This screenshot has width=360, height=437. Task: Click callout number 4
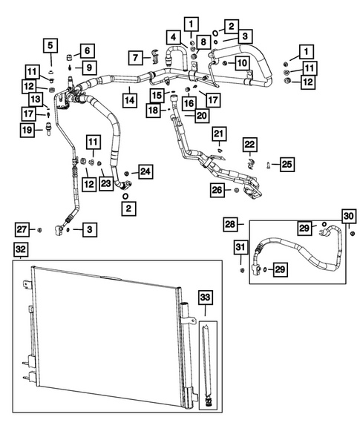tap(172, 37)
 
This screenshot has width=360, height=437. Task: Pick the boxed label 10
tap(242, 64)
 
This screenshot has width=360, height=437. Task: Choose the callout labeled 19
tap(25, 131)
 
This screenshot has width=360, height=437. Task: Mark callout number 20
tap(201, 115)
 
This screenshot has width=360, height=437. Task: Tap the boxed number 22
tap(250, 144)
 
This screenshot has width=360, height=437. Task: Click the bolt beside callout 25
tap(266, 164)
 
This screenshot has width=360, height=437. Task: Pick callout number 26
tap(216, 191)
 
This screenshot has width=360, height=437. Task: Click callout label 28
tap(230, 223)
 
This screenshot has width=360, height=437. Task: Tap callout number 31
tap(241, 248)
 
